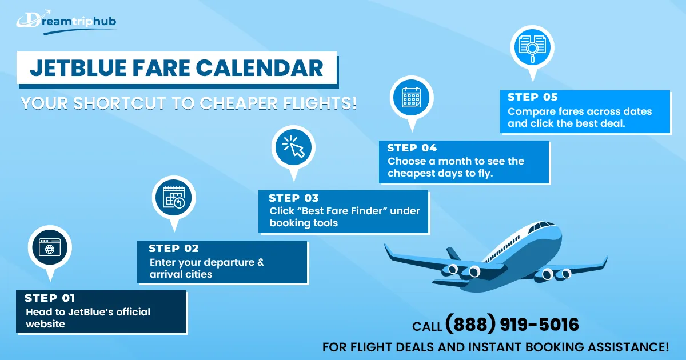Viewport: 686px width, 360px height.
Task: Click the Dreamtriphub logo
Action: pyautogui.click(x=66, y=22)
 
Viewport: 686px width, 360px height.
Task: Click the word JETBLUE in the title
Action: pyautogui.click(x=78, y=67)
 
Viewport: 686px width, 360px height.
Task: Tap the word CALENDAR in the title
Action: pyautogui.click(x=260, y=67)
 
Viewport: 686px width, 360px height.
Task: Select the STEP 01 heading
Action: pyautogui.click(x=50, y=298)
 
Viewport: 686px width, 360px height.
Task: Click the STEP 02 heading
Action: pyautogui.click(x=174, y=248)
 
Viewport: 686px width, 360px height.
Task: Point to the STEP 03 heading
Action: pyautogui.click(x=294, y=198)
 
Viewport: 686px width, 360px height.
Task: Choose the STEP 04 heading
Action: pyautogui.click(x=412, y=148)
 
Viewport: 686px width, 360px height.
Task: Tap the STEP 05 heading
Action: pyautogui.click(x=533, y=97)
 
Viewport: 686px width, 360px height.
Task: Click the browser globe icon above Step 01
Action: pyautogui.click(x=50, y=247)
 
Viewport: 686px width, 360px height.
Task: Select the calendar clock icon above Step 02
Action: pyautogui.click(x=174, y=197)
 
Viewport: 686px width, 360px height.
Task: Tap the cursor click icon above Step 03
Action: pyautogui.click(x=293, y=147)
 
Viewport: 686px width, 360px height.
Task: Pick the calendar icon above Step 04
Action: pyautogui.click(x=411, y=97)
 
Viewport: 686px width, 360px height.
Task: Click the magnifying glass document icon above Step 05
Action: pyautogui.click(x=532, y=47)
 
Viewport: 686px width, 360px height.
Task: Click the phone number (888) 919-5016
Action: pyautogui.click(x=512, y=324)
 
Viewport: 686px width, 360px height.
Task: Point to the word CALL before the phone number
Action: pyautogui.click(x=427, y=326)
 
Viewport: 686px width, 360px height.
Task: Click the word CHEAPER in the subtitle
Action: pyautogui.click(x=239, y=103)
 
